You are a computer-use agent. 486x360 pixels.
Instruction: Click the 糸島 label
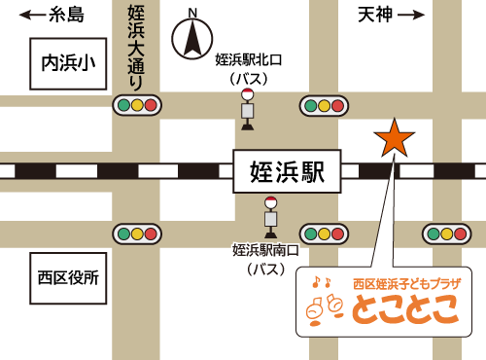[x=66, y=15]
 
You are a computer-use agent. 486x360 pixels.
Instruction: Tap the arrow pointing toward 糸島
[x=32, y=15]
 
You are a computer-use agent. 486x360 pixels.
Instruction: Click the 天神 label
[x=374, y=15]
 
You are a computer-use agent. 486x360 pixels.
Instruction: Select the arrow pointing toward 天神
[x=412, y=15]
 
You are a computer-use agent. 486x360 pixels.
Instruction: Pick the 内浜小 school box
[x=68, y=64]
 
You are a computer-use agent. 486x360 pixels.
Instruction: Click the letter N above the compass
[x=192, y=13]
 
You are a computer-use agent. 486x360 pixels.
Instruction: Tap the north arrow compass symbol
[x=192, y=39]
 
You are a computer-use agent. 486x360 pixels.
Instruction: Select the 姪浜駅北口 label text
[x=248, y=60]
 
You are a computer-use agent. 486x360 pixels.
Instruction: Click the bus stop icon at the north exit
[x=247, y=108]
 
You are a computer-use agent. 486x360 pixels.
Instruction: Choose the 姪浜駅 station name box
[x=287, y=171]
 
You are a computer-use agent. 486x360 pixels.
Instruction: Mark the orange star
[x=394, y=138]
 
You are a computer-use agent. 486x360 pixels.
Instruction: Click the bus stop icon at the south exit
[x=270, y=216]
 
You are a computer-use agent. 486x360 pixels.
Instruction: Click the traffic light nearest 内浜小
[x=136, y=105]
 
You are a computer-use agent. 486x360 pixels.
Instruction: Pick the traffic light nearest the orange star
[x=324, y=105]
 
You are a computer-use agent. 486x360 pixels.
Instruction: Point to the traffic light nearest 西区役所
[x=136, y=234]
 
